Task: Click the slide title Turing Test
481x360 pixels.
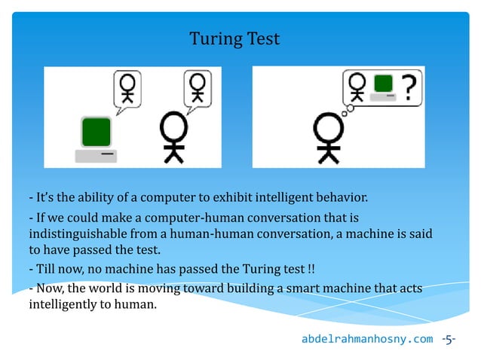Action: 234,38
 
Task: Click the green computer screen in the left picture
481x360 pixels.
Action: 97,132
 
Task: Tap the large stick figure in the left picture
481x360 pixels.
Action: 174,136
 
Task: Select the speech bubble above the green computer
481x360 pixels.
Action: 129,87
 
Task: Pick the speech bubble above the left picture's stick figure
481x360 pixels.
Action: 199,87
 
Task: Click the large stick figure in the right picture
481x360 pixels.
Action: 328,136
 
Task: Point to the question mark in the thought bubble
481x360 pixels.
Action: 409,88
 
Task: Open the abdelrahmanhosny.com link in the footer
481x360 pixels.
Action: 367,340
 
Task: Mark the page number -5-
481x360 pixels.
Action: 449,340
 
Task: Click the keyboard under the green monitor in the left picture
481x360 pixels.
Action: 96,155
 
